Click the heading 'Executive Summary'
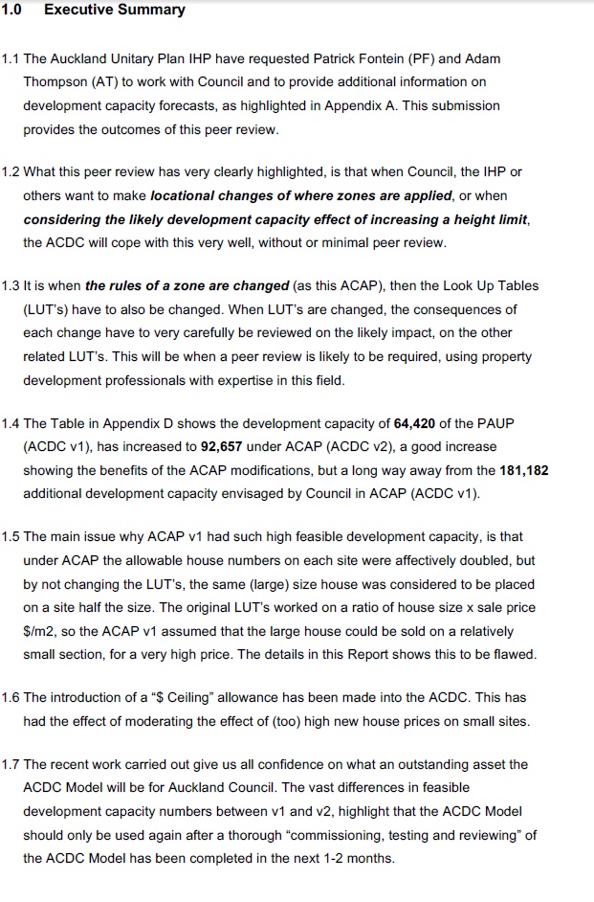pyautogui.click(x=115, y=11)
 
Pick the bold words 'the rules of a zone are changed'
pyautogui.click(x=187, y=285)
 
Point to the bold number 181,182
pyautogui.click(x=522, y=470)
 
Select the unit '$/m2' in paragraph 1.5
pyautogui.click(x=38, y=632)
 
